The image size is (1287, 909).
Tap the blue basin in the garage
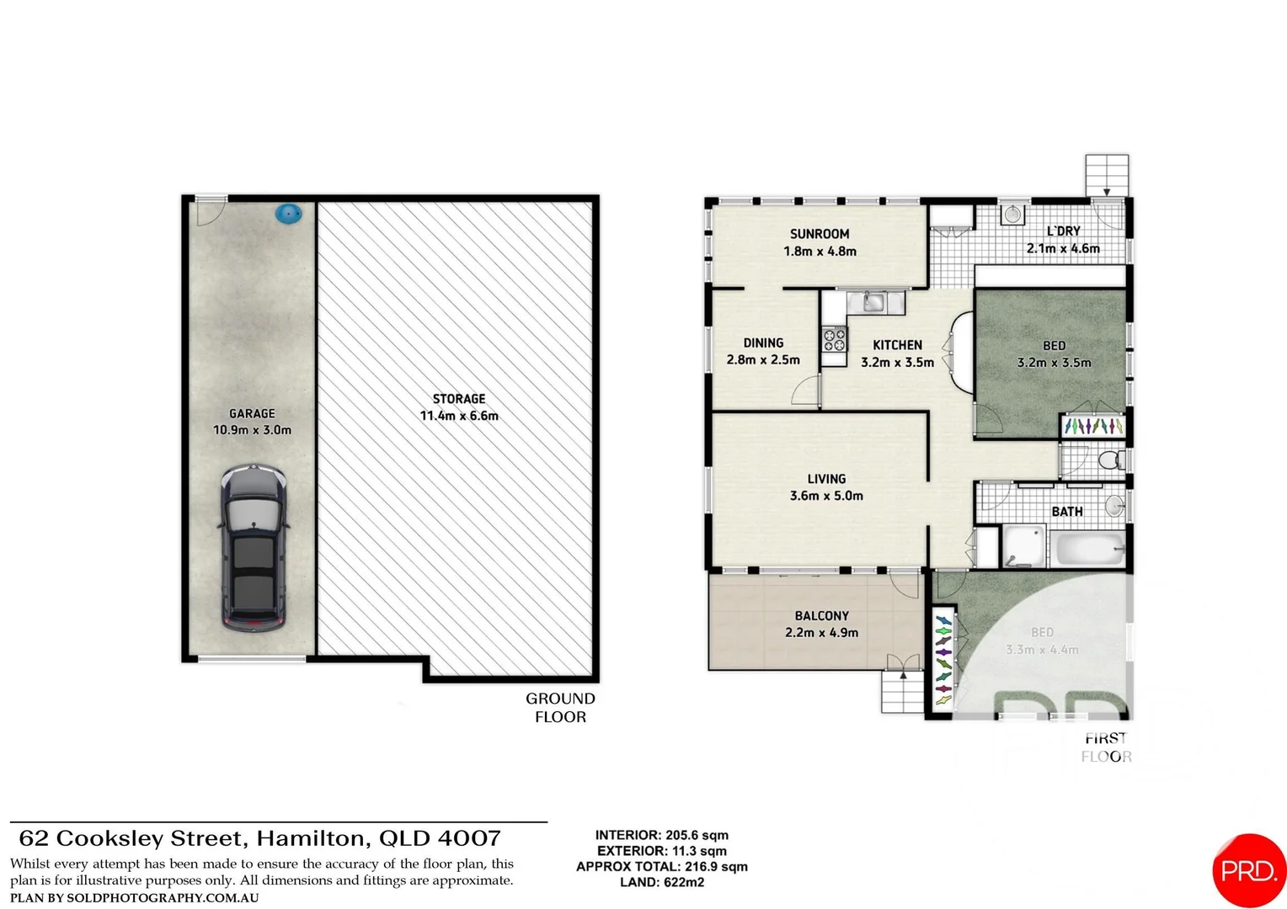click(288, 214)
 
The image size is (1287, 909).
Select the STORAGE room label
click(459, 399)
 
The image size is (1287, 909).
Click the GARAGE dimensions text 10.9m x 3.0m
click(252, 430)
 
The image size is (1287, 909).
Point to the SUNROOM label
click(819, 234)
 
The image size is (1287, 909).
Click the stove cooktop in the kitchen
click(834, 340)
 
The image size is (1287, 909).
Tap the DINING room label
click(763, 343)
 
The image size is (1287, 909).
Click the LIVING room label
click(826, 479)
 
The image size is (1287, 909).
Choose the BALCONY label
click(821, 616)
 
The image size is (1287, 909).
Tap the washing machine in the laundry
click(1012, 215)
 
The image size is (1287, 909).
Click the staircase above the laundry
click(1106, 175)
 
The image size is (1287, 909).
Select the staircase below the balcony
click(902, 693)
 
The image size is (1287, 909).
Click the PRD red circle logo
click(1249, 871)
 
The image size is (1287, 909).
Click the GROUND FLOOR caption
click(560, 708)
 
